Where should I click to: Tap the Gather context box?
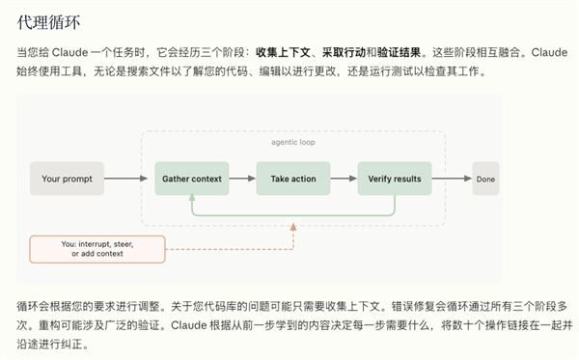(x=192, y=179)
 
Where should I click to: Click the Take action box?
(x=292, y=179)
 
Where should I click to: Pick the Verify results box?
(x=395, y=179)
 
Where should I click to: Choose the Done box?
(x=485, y=179)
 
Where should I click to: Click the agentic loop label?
(x=292, y=142)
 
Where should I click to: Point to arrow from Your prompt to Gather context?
(x=127, y=179)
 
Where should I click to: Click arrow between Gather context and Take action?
(x=242, y=179)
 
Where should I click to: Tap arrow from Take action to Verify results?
(x=343, y=179)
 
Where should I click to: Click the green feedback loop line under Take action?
(x=292, y=214)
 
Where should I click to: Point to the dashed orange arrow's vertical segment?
(x=292, y=236)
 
